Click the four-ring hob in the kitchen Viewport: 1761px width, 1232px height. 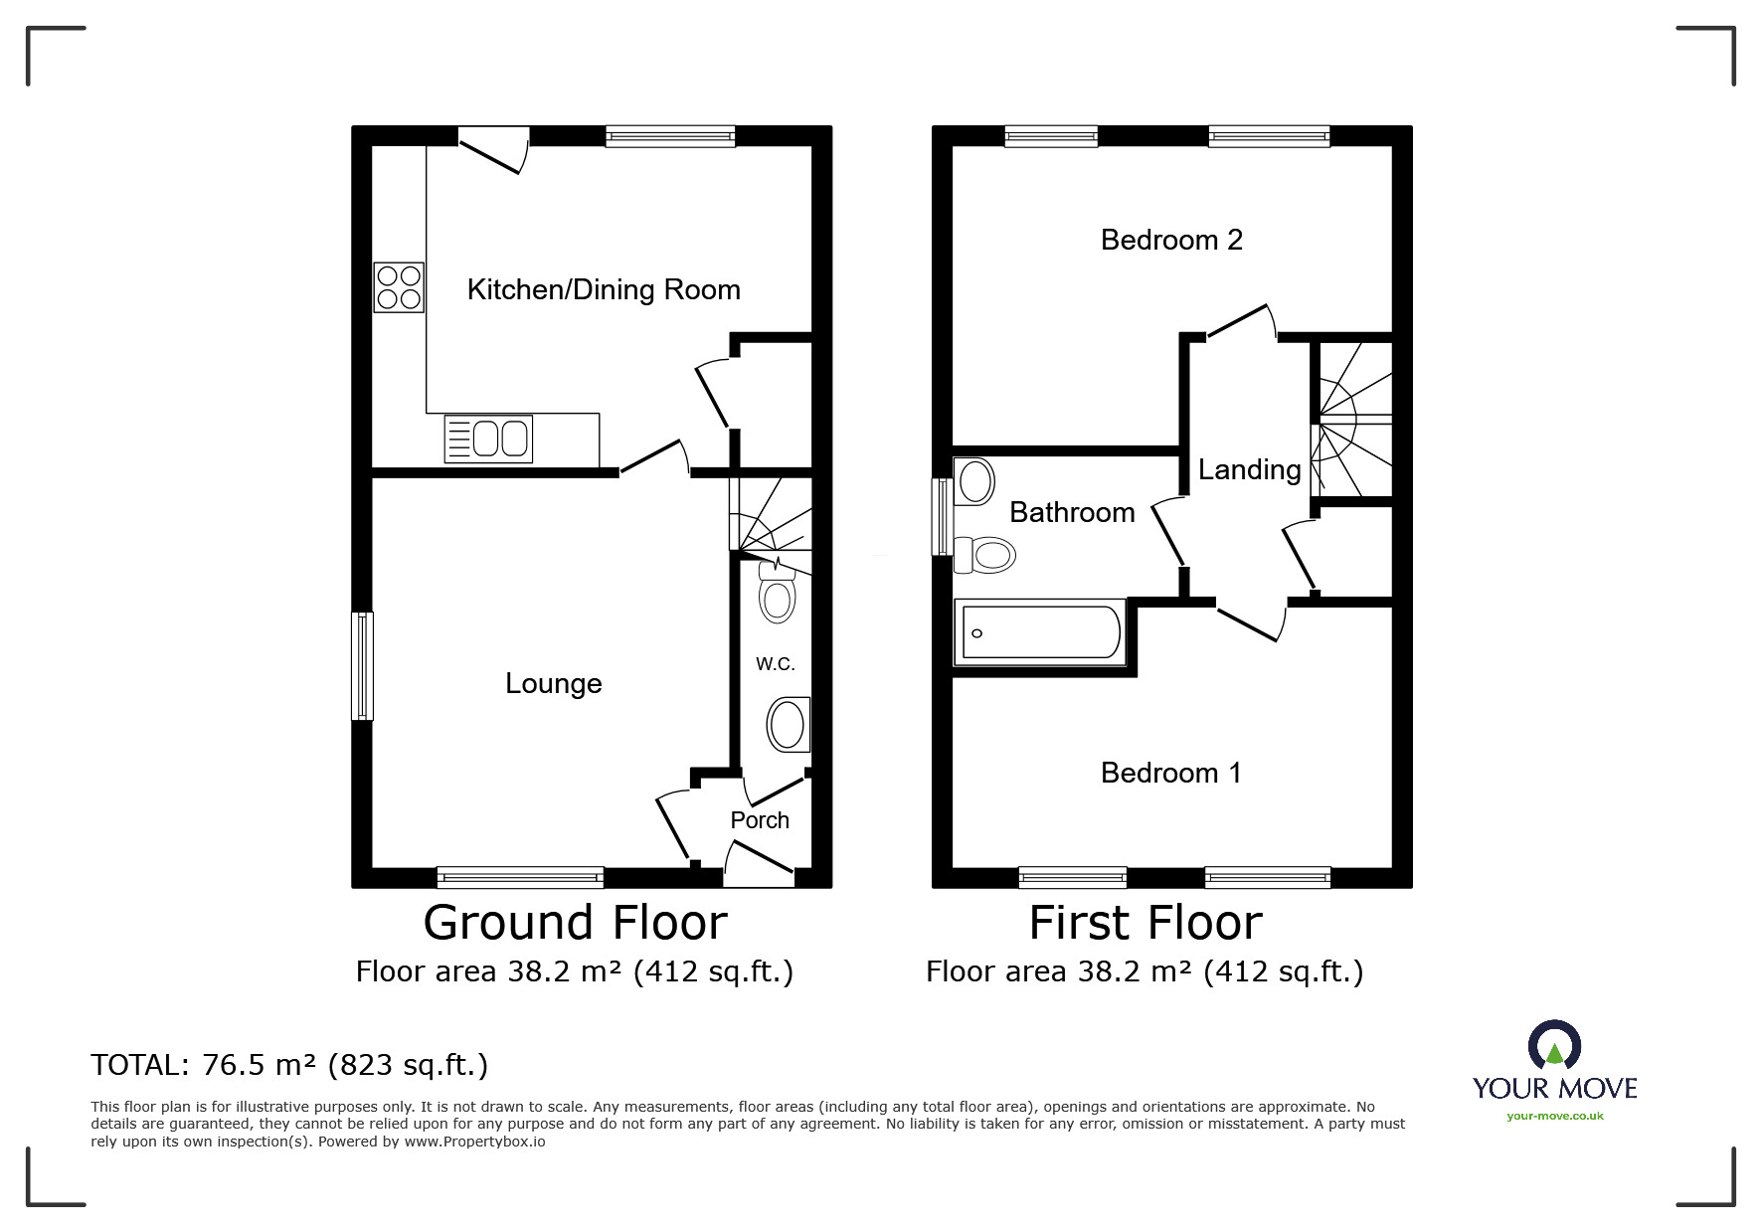pos(399,286)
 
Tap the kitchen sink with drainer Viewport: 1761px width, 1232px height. pos(487,439)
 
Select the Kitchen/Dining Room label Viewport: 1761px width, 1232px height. pos(604,289)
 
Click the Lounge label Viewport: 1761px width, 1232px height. pos(553,683)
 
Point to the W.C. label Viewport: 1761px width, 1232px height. pos(775,663)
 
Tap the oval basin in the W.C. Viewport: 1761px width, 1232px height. pos(788,724)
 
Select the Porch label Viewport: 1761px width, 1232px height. pos(760,820)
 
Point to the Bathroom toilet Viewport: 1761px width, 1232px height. pos(984,554)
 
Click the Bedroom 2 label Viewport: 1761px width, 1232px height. pos(1171,240)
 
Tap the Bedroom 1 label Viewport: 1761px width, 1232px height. pos(1170,773)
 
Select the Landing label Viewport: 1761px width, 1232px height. pos(1249,469)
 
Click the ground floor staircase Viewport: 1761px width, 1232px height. pos(771,514)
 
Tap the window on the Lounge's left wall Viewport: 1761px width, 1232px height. pos(363,665)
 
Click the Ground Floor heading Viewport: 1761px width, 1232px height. pos(575,922)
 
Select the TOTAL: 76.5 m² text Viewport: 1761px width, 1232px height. pos(289,1065)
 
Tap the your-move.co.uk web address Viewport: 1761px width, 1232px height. pos(1554,1116)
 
